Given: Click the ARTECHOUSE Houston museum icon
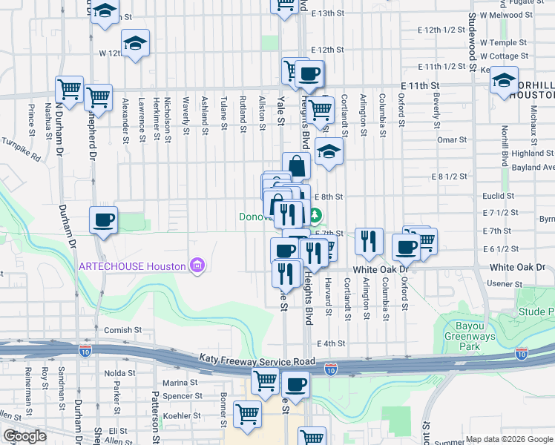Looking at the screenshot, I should pyautogui.click(x=197, y=265).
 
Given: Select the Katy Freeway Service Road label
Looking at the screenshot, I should pyautogui.click(x=257, y=358).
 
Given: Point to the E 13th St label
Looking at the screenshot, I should pyautogui.click(x=329, y=13).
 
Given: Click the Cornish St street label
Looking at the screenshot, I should pyautogui.click(x=122, y=330).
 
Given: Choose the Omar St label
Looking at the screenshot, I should pyautogui.click(x=452, y=139).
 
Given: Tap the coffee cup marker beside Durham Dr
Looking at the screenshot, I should pyautogui.click(x=104, y=219).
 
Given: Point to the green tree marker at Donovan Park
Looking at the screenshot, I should pyautogui.click(x=315, y=217).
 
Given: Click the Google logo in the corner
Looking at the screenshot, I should pyautogui.click(x=24, y=436).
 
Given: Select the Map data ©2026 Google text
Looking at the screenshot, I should pyautogui.click(x=509, y=439).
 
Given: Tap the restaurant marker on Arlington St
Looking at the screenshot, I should pyautogui.click(x=368, y=241).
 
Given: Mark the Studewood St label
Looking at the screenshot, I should pyautogui.click(x=472, y=37).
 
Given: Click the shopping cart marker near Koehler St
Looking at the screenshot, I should pyautogui.click(x=247, y=414).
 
